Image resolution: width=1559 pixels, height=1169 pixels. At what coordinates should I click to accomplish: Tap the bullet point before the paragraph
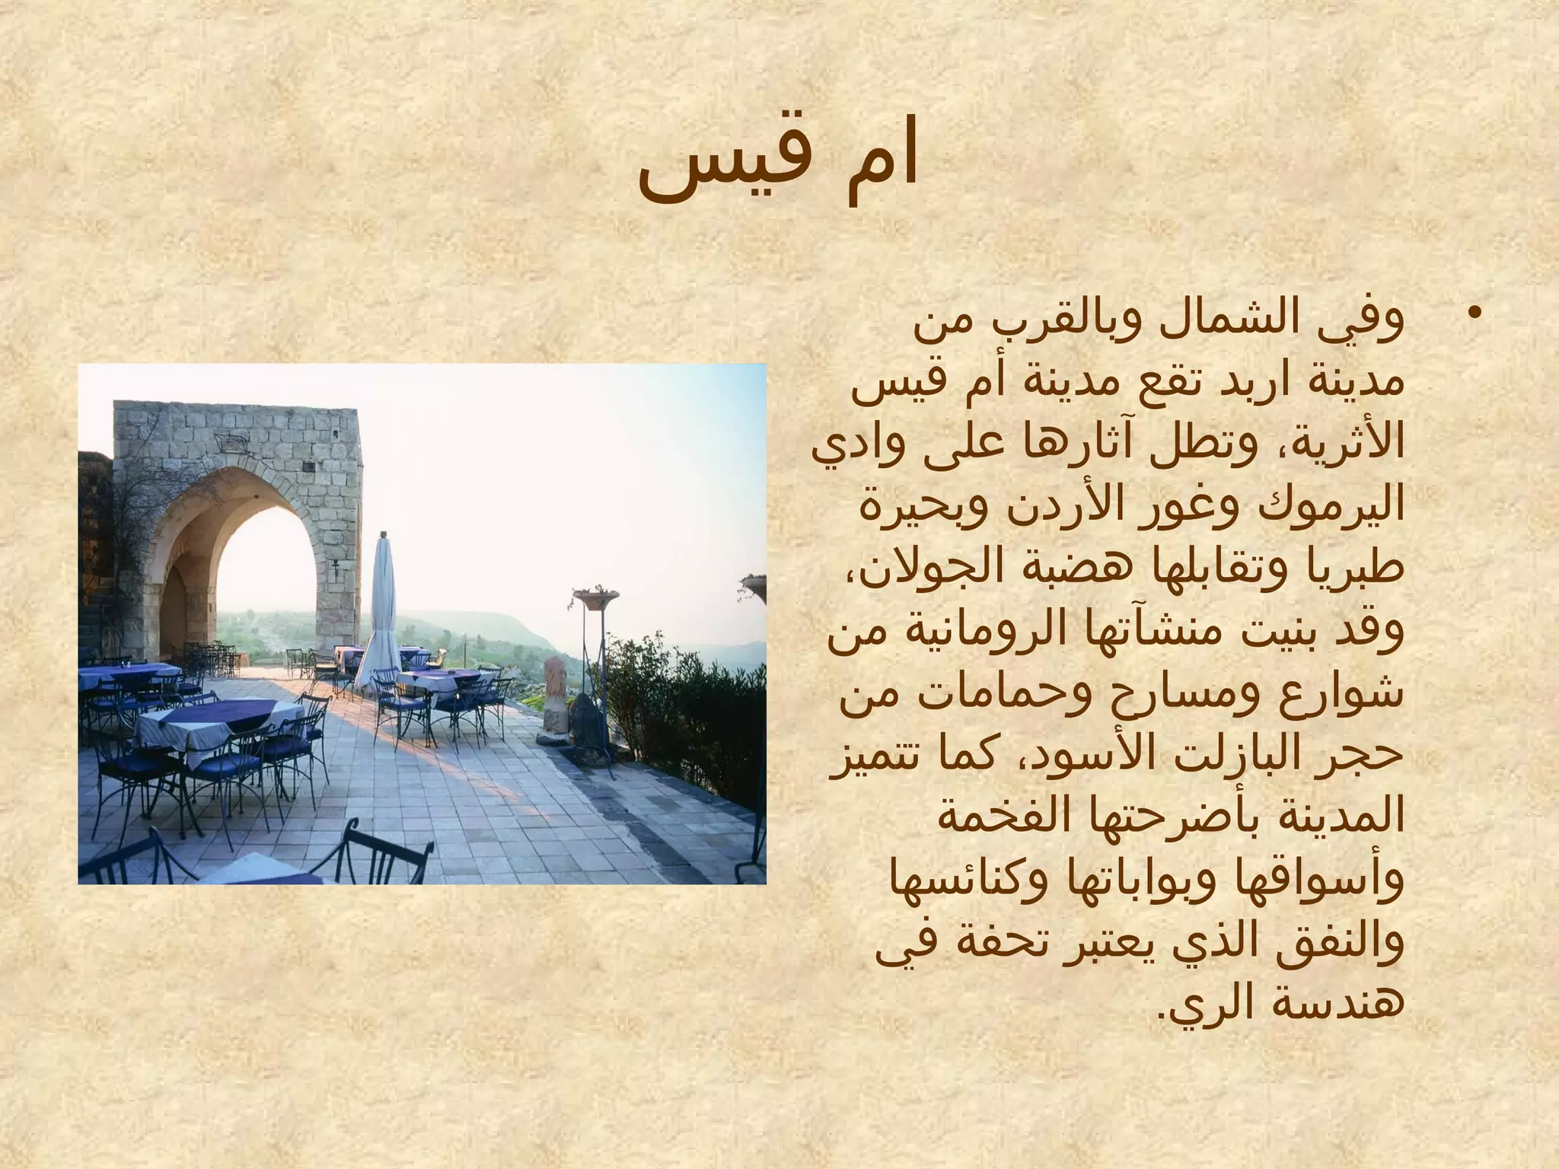point(1475,314)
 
